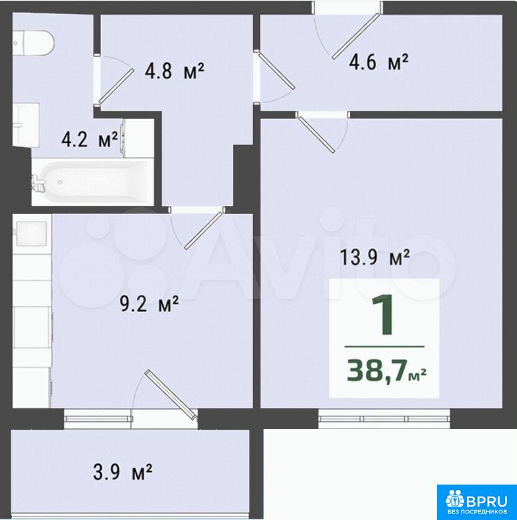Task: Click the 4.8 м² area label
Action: pyautogui.click(x=174, y=71)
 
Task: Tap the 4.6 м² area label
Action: pyautogui.click(x=379, y=62)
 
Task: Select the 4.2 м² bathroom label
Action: pyautogui.click(x=90, y=139)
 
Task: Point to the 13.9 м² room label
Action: pyautogui.click(x=375, y=257)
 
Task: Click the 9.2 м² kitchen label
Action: pyautogui.click(x=149, y=304)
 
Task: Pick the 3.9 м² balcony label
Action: pyautogui.click(x=123, y=472)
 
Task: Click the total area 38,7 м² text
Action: pyautogui.click(x=387, y=370)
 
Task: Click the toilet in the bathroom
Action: pyautogui.click(x=33, y=43)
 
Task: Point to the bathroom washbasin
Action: pyautogui.click(x=26, y=125)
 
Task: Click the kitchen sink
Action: pyautogui.click(x=31, y=234)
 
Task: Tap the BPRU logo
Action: pyautogui.click(x=476, y=501)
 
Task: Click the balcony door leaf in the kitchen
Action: pyautogui.click(x=170, y=394)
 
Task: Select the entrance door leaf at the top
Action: pyautogui.click(x=356, y=36)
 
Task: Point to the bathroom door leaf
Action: pyautogui.click(x=116, y=86)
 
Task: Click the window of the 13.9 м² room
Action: pyautogui.click(x=385, y=418)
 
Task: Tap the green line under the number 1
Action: pyautogui.click(x=385, y=347)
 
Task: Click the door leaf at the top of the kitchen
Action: pyautogui.click(x=203, y=231)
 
